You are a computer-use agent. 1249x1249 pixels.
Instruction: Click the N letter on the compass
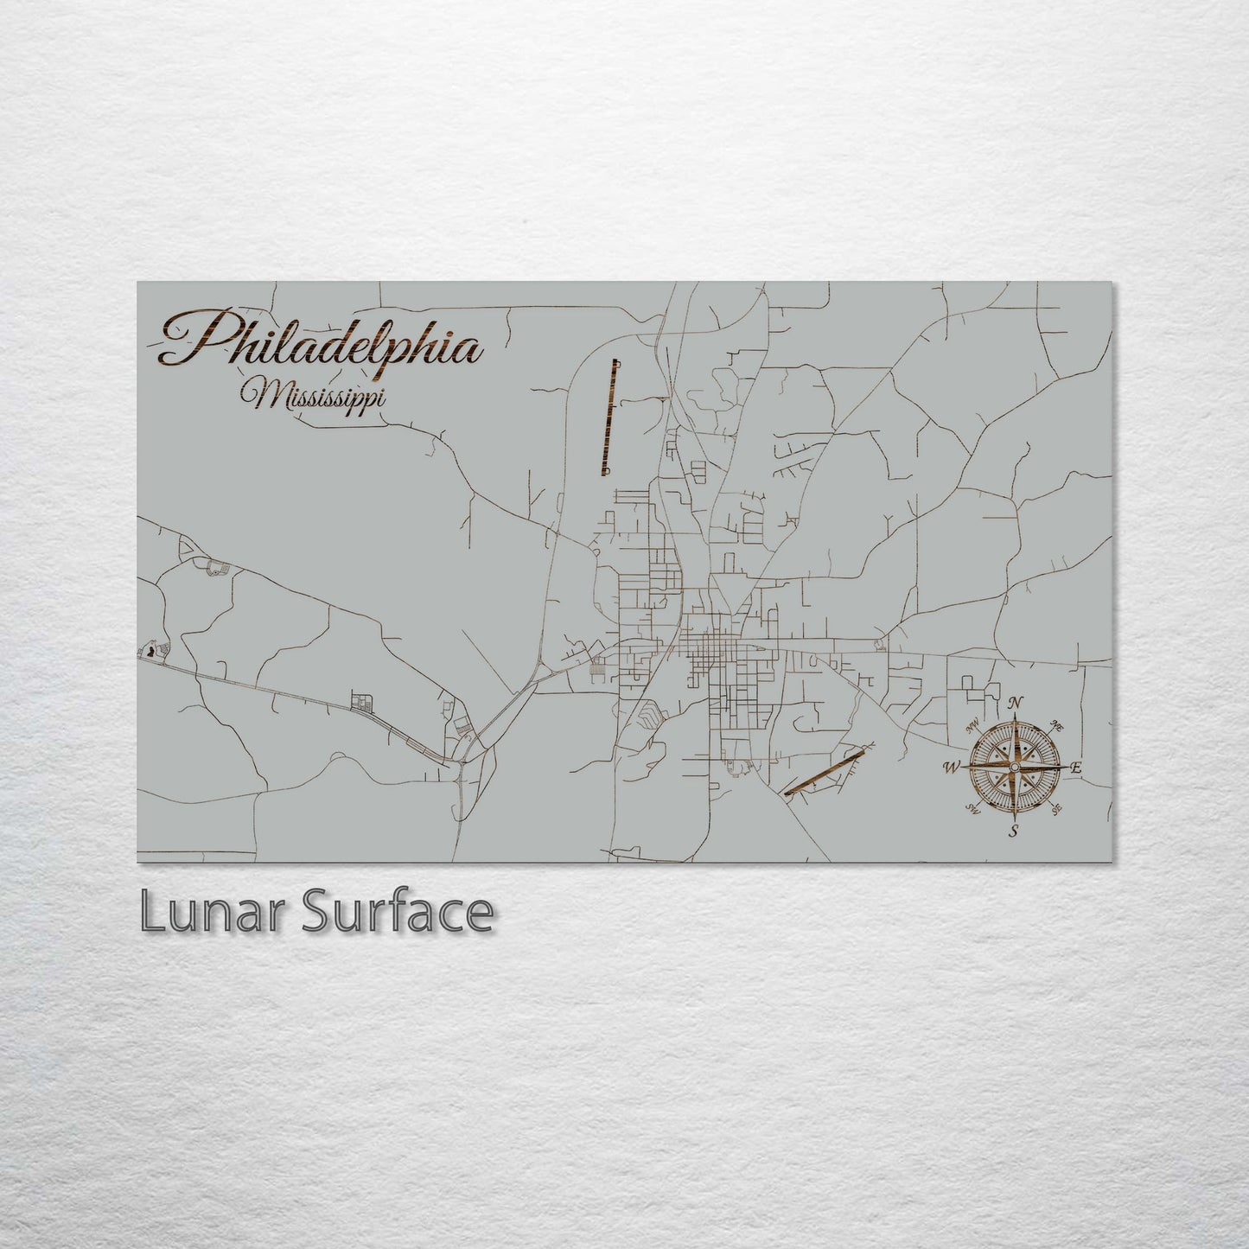(x=1017, y=702)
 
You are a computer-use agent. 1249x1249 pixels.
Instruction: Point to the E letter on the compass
(x=1076, y=767)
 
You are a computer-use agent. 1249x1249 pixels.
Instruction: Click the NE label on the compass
(x=1057, y=723)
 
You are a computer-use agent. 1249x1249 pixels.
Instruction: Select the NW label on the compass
(x=973, y=723)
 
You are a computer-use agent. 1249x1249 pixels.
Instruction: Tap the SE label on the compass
(x=1056, y=809)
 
